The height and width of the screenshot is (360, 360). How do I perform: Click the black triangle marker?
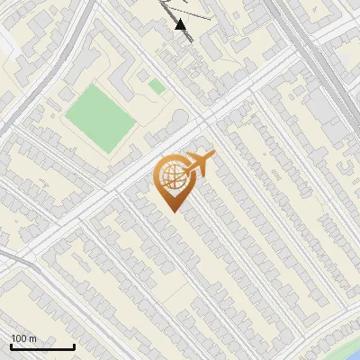point(182,25)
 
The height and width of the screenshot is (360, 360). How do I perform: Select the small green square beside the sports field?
point(157,86)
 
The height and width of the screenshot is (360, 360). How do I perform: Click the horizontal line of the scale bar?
point(42,346)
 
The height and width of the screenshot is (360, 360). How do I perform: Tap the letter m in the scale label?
point(31,338)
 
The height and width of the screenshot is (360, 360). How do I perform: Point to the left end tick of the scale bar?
point(11,345)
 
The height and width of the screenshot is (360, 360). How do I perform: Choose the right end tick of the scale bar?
point(74,345)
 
